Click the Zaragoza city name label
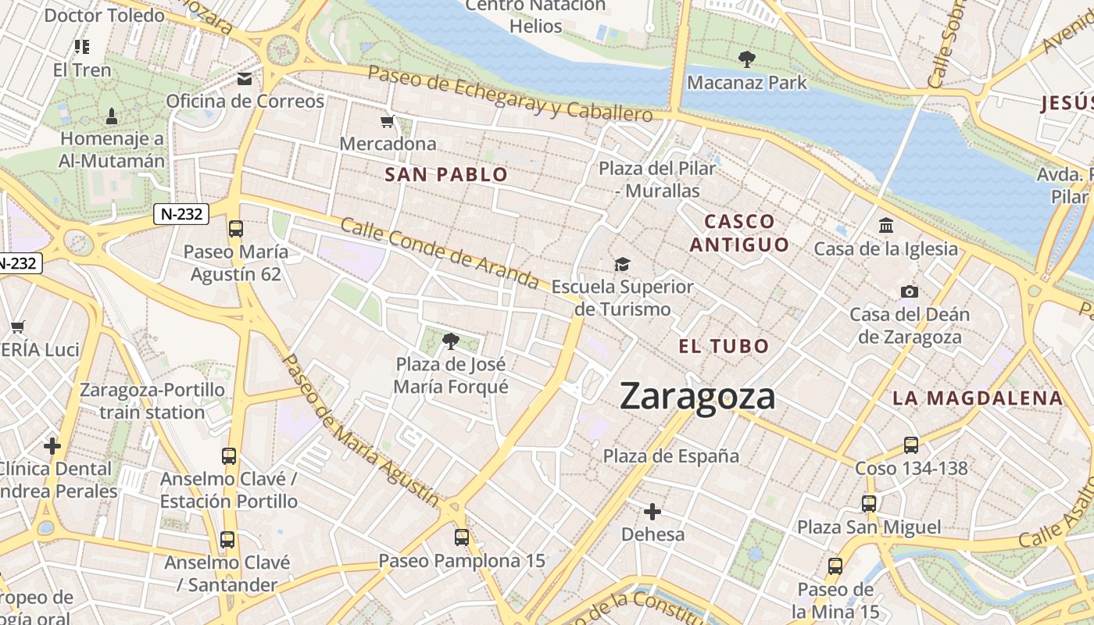point(697,396)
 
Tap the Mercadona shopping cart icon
point(387,121)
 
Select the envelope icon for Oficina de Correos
point(245,79)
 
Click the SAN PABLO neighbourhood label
point(446,174)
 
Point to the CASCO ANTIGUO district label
point(739,233)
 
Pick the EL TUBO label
point(724,346)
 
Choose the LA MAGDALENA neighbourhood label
point(978,398)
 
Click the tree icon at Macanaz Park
point(747,59)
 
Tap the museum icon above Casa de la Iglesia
point(886,226)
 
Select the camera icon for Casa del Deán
point(910,291)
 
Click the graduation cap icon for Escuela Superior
point(622,264)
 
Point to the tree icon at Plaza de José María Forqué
point(450,341)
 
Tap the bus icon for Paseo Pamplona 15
point(462,537)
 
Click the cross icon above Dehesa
point(652,512)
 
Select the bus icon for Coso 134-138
point(911,445)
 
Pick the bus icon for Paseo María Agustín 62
point(235,229)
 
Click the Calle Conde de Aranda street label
point(440,252)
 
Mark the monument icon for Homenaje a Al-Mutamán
point(112,116)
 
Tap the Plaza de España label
point(671,455)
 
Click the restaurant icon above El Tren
point(82,47)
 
